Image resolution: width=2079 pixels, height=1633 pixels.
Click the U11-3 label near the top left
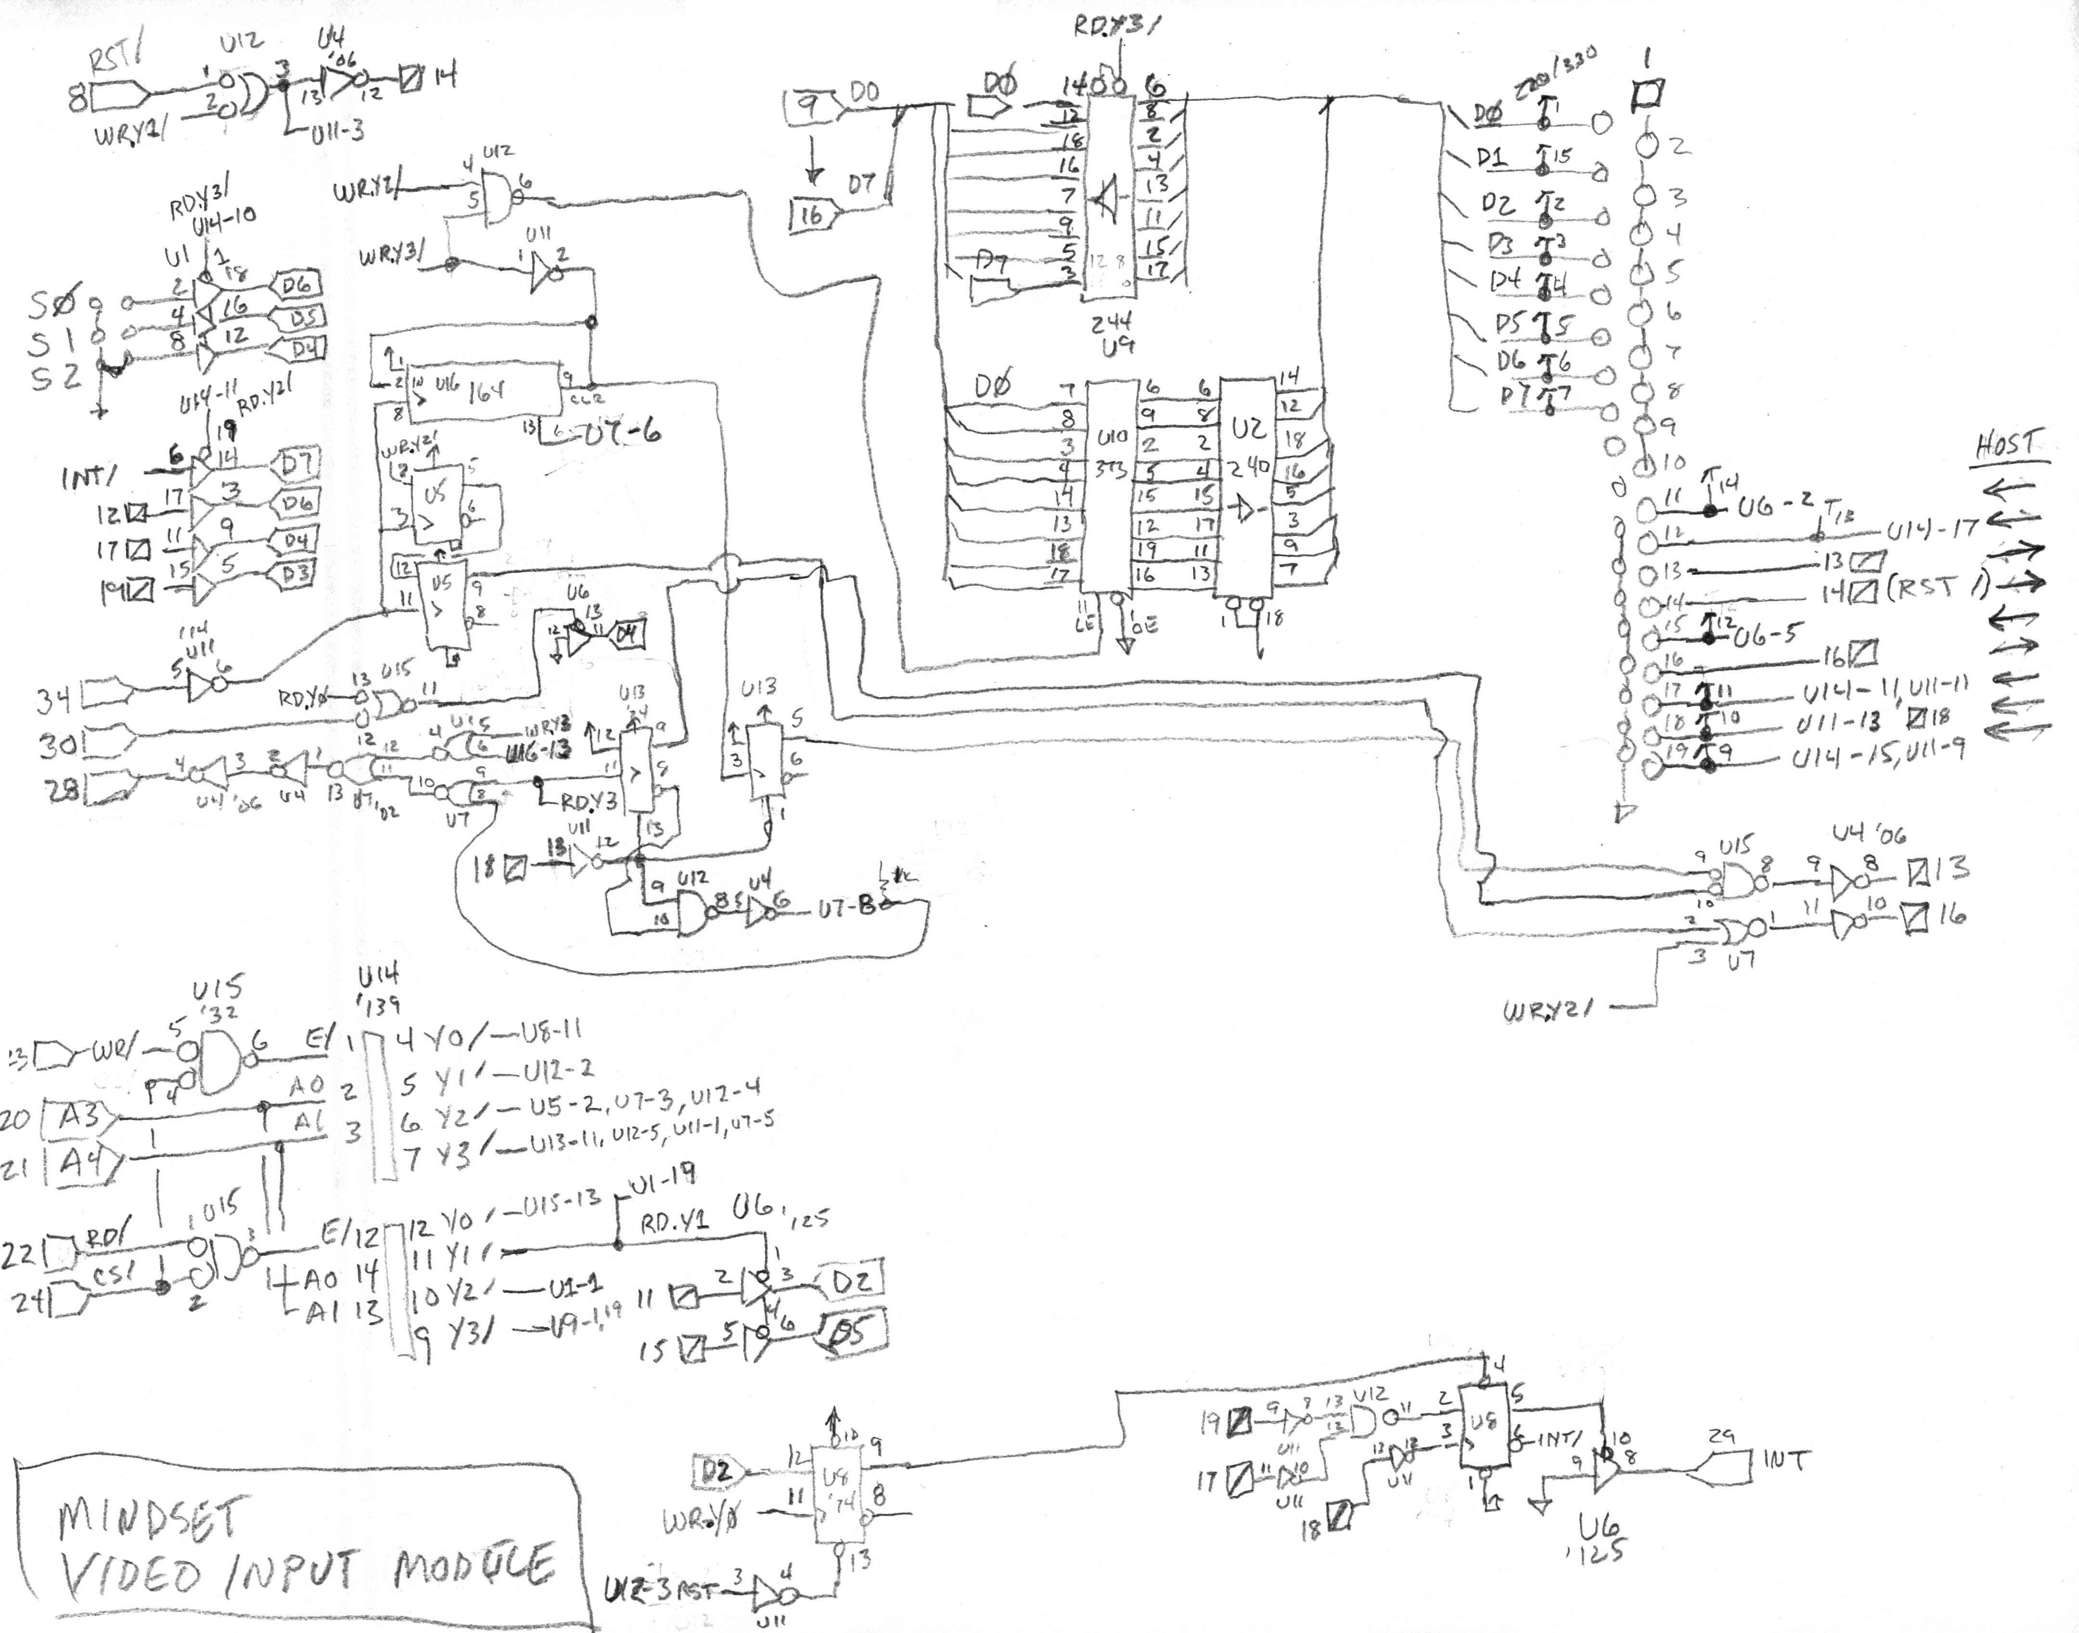click(x=336, y=132)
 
